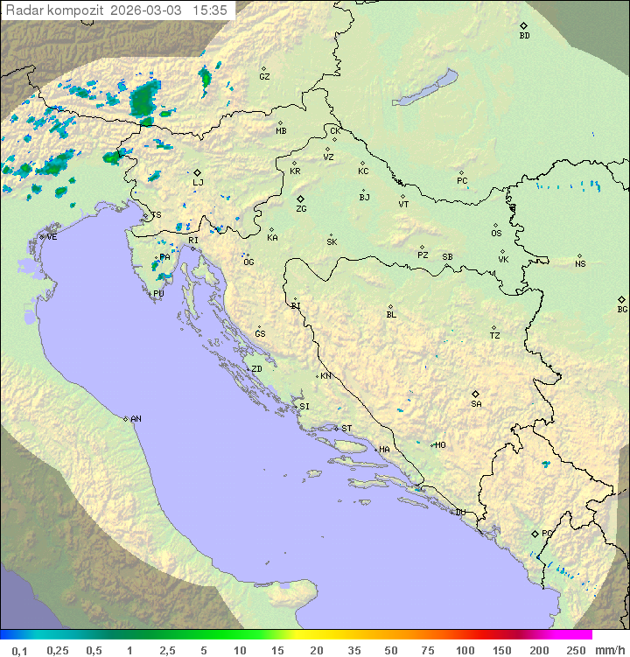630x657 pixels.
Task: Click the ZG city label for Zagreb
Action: coord(301,209)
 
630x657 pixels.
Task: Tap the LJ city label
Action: coord(199,182)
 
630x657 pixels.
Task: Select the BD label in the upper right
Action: coord(524,36)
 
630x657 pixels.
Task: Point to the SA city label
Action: coord(476,403)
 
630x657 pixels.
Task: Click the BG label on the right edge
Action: coord(622,309)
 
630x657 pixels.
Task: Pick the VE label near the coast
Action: coord(52,237)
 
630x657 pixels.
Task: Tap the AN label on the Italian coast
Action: coord(136,419)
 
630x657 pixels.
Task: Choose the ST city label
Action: coord(346,429)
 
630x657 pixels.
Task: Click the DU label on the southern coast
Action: coord(459,513)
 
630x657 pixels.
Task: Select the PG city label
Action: coord(547,533)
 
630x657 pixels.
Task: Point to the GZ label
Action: coord(264,76)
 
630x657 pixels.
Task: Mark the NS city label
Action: coord(580,263)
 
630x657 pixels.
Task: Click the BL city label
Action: coord(391,314)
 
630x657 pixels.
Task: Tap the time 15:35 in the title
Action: coord(210,10)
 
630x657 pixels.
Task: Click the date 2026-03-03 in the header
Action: coord(149,10)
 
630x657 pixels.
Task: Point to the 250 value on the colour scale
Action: coord(575,650)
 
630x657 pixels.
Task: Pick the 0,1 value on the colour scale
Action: coord(19,650)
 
